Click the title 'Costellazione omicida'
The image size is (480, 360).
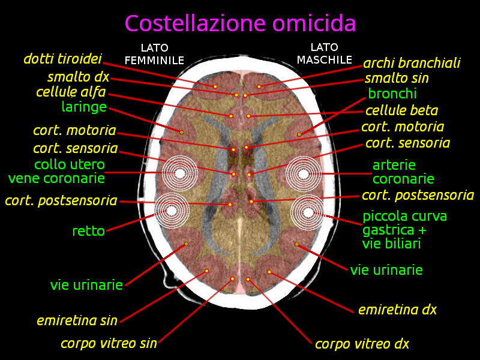point(241,23)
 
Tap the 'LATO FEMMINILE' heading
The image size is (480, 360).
point(154,54)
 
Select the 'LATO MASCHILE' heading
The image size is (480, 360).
point(325,53)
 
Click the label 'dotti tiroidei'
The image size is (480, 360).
point(63,58)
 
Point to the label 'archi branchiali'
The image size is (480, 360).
point(412,63)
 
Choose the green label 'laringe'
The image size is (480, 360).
point(84,107)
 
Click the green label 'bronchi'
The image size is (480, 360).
point(392,94)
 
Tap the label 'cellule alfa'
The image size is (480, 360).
point(71,92)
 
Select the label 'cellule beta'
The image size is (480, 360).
point(401,110)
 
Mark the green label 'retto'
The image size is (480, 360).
point(89,231)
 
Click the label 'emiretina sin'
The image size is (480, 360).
point(77,320)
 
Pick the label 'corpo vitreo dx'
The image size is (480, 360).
point(362,344)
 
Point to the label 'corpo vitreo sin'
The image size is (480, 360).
point(109,343)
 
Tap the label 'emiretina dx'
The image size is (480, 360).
point(397,310)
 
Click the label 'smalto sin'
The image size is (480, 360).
point(397,78)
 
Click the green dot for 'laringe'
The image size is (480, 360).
point(182,132)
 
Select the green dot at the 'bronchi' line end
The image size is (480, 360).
point(299,134)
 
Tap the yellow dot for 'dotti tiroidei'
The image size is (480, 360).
point(215,86)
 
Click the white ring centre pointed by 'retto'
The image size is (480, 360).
point(172,211)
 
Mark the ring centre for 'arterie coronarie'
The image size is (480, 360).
point(304,174)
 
